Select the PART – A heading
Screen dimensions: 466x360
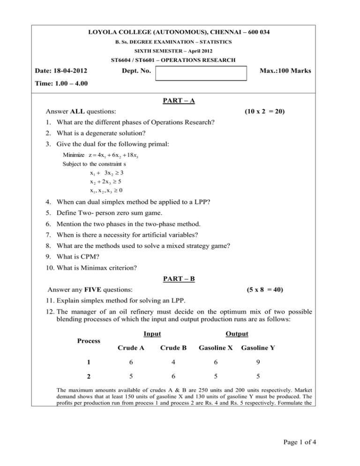(180, 100)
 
